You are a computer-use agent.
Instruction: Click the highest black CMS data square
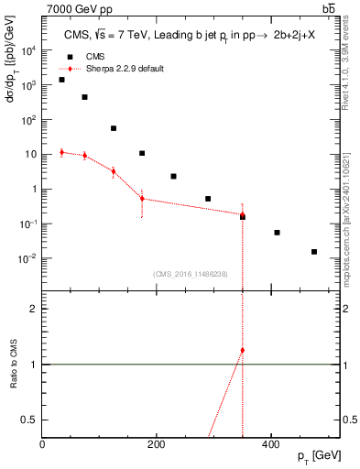61,80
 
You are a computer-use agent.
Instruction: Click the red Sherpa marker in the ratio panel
243,350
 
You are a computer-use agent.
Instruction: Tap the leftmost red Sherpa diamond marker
61,152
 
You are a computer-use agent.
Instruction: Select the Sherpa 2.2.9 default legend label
125,69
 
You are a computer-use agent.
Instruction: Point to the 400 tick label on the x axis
270,444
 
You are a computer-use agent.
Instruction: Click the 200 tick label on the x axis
157,444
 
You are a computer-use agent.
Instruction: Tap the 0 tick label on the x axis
43,444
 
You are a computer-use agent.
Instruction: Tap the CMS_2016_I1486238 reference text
191,274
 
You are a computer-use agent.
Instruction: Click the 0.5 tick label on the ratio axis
30,420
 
